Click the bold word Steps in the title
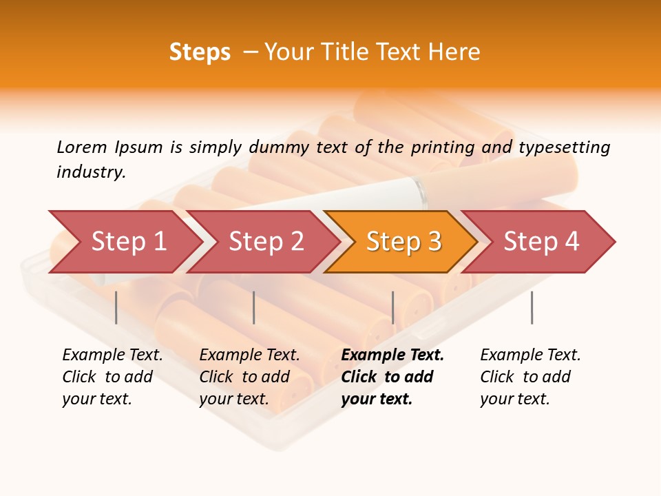200,52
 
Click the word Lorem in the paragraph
82,147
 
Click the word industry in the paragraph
91,172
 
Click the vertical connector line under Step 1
116,307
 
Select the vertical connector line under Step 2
254,307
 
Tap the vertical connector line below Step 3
392,307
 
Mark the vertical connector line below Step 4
532,307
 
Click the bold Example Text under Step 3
392,355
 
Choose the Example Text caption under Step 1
112,355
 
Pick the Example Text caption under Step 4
530,355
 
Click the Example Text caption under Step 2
249,355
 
